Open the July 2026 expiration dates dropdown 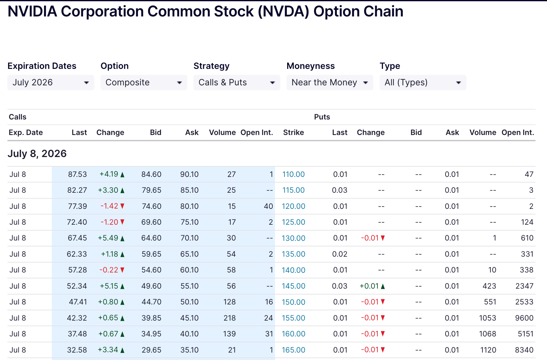click(51, 83)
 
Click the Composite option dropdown click(144, 83)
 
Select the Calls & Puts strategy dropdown click(237, 83)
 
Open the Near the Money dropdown click(330, 83)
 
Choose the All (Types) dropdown click(423, 83)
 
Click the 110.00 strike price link click(293, 174)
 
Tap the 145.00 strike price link click(293, 286)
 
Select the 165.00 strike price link click(293, 350)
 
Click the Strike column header click(293, 133)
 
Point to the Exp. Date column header click(26, 133)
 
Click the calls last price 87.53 click(78, 174)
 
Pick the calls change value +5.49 click(111, 238)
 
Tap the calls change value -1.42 click(112, 206)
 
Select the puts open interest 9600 click(524, 318)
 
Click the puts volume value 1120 click(488, 350)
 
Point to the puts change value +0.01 click(372, 286)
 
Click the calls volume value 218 click(229, 318)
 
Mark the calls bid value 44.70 click(151, 302)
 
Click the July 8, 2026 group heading click(37, 154)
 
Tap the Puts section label click(322, 117)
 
